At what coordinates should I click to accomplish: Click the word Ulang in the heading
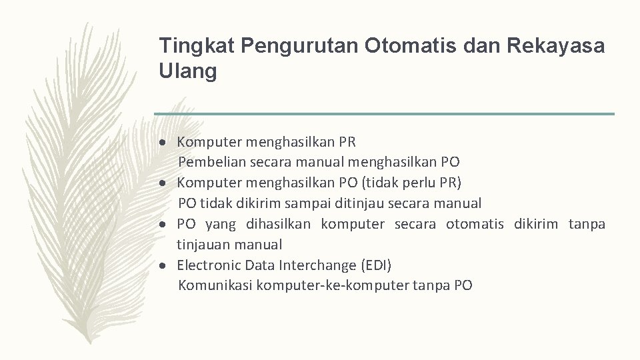(x=188, y=71)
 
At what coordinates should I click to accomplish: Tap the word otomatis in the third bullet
(x=475, y=224)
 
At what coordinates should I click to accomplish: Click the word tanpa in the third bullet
(x=587, y=224)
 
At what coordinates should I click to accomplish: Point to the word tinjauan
(x=204, y=245)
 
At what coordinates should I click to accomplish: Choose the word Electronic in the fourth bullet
(x=209, y=265)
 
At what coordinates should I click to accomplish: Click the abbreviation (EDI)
(x=376, y=265)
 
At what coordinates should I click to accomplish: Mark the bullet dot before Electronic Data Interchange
(x=163, y=266)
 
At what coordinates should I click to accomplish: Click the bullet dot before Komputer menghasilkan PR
(x=163, y=142)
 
